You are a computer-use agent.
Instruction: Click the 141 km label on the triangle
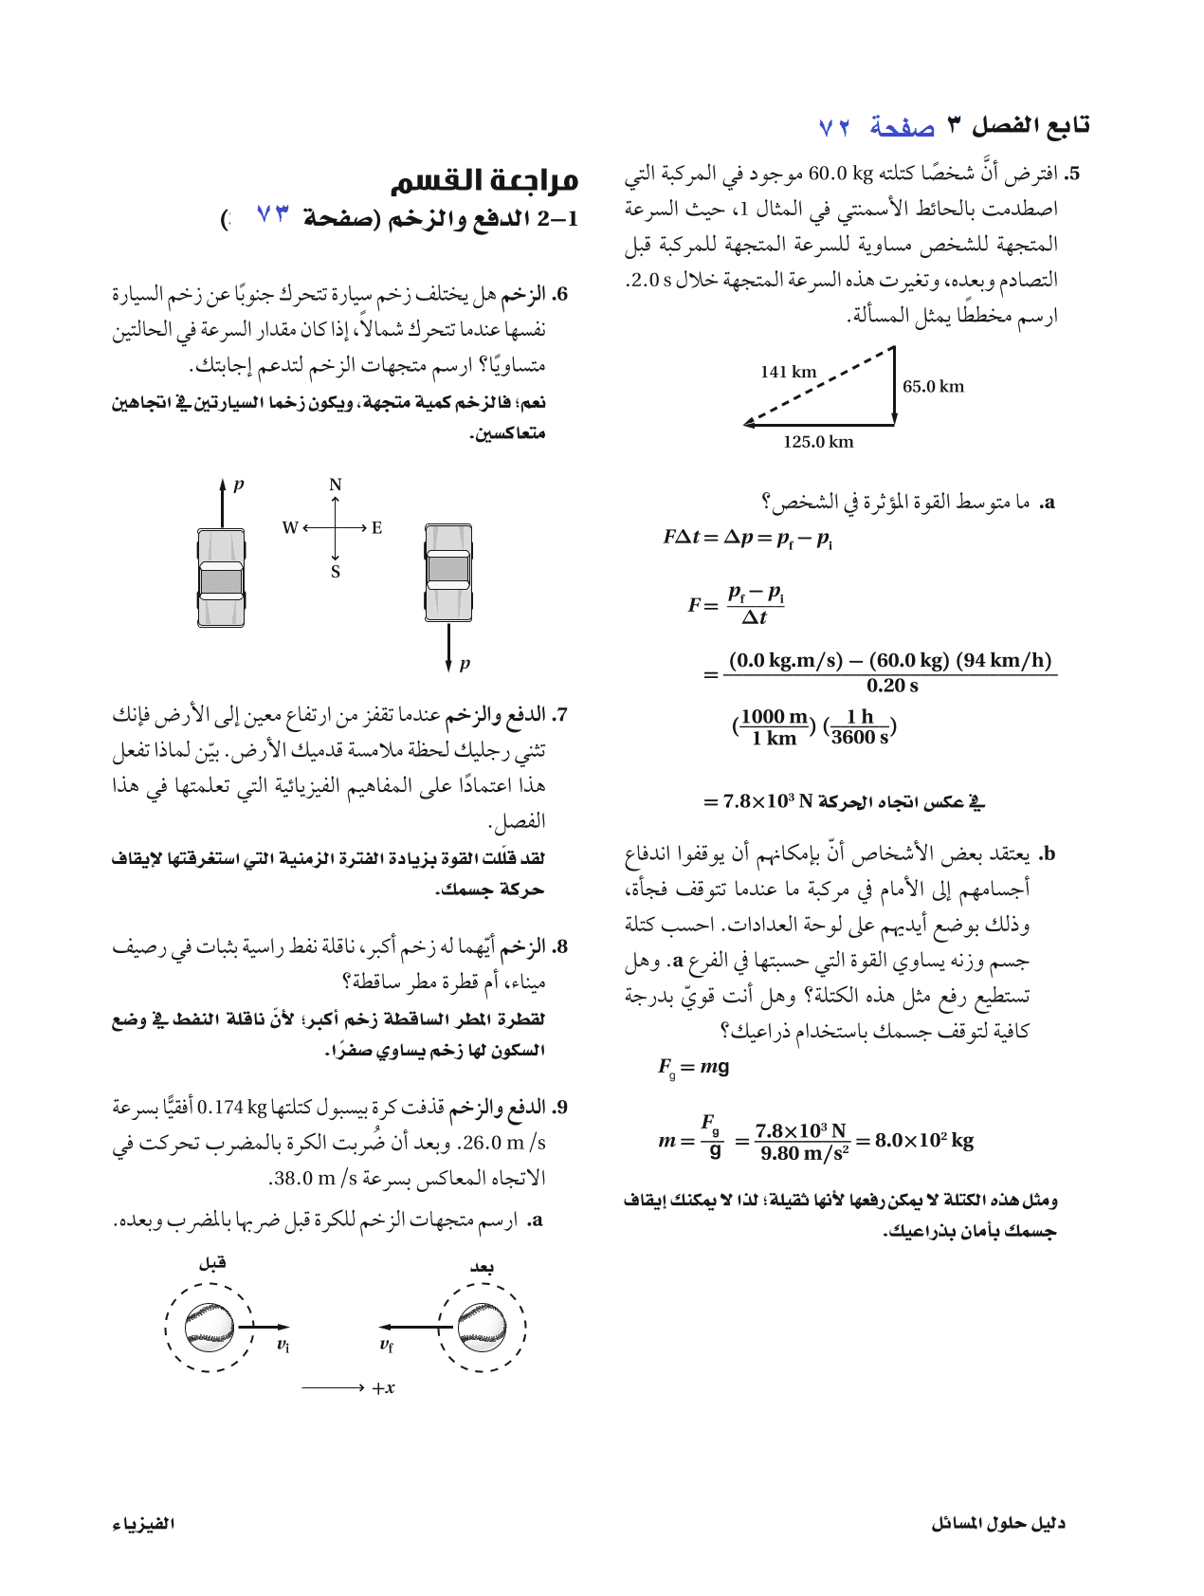coord(788,372)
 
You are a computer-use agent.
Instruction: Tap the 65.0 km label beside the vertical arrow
coord(933,386)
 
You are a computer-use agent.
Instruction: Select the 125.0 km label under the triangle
coord(817,442)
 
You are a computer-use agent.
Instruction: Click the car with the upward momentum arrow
coord(221,577)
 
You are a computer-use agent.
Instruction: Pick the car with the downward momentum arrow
coord(447,573)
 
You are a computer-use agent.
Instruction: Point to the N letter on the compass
coord(335,486)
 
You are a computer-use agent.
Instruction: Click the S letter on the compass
coord(335,572)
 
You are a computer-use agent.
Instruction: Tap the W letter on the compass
coord(290,527)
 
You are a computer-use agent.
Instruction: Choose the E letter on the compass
coord(376,527)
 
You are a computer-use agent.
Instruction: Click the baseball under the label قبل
coord(209,1327)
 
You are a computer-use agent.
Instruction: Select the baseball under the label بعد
coord(482,1327)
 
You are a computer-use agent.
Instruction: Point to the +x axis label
coord(383,1388)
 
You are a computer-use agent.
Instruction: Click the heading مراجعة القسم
coord(483,179)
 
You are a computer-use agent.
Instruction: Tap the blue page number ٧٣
coord(272,217)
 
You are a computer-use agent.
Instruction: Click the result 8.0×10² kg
coord(923,1140)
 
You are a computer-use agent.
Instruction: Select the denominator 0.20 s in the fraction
coord(891,686)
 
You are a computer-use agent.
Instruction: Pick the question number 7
coord(561,714)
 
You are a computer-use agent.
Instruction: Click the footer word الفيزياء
coord(143,1523)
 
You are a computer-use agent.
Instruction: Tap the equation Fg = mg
coord(693,1067)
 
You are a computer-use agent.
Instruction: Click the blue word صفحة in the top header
coord(902,126)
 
